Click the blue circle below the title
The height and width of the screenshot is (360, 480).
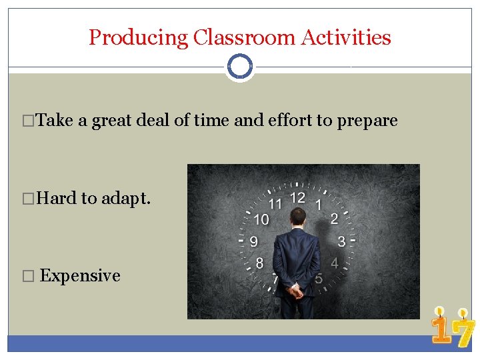[239, 67]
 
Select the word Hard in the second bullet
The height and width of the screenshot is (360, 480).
[57, 198]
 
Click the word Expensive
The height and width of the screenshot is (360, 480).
[80, 276]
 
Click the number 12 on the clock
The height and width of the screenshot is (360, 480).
[297, 197]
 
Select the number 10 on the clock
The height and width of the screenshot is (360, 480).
[261, 219]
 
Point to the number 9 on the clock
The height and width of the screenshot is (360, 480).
[254, 241]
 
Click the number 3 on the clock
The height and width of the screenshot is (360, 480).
[341, 241]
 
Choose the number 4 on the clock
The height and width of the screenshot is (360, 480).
[335, 263]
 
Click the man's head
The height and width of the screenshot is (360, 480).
[298, 217]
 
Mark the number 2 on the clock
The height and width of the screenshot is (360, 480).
[334, 219]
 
